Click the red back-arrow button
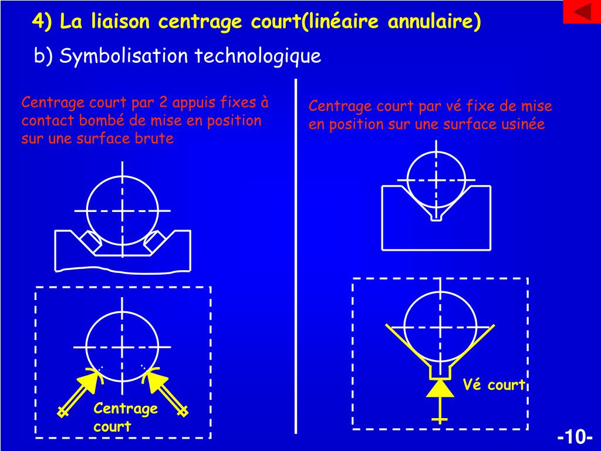pyautogui.click(x=582, y=12)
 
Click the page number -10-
pyautogui.click(x=575, y=437)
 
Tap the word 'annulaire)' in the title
pyautogui.click(x=434, y=21)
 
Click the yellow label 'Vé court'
pyautogui.click(x=494, y=385)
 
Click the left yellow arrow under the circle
pyautogui.click(x=82, y=392)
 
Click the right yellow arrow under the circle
pyautogui.click(x=165, y=391)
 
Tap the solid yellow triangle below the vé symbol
pyautogui.click(x=440, y=389)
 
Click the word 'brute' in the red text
pyautogui.click(x=154, y=139)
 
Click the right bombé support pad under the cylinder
pyautogui.click(x=154, y=242)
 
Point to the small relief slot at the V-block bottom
pyautogui.click(x=436, y=217)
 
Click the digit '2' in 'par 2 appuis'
pyautogui.click(x=163, y=102)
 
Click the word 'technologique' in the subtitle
pyautogui.click(x=258, y=56)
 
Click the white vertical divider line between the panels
pyautogui.click(x=296, y=256)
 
